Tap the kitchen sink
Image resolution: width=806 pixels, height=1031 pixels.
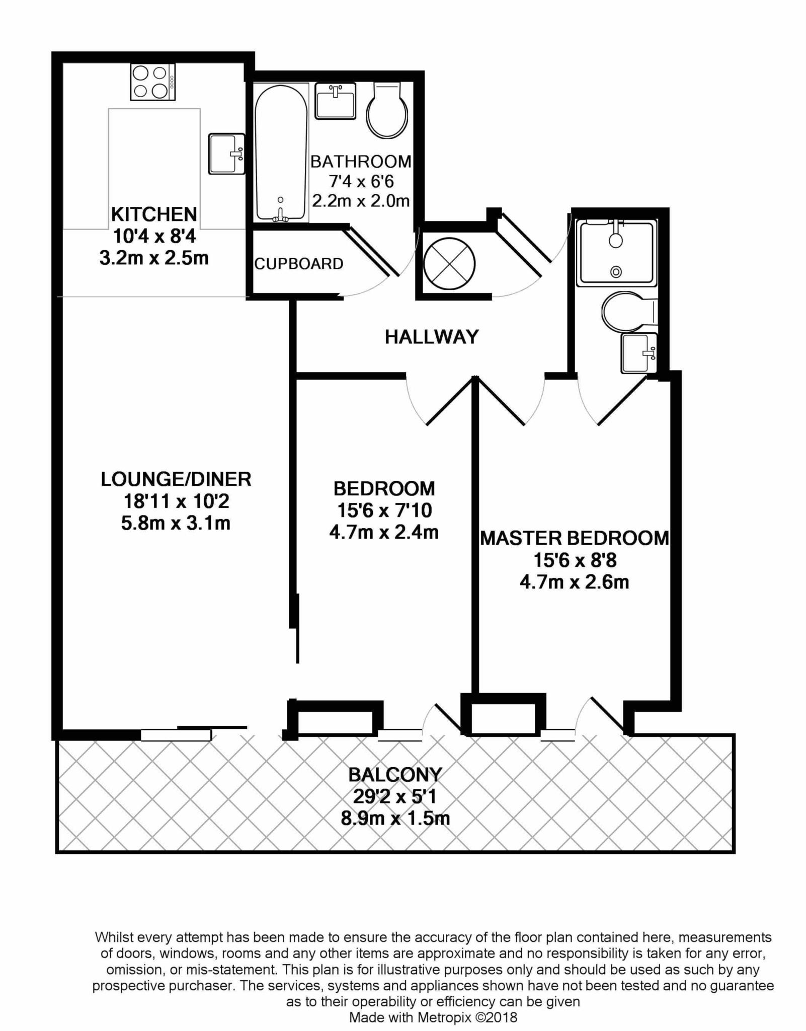227,154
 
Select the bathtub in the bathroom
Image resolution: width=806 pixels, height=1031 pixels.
281,153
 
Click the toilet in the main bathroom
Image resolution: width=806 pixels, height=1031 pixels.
387,110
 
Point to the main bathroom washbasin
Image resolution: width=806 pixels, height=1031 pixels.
336,101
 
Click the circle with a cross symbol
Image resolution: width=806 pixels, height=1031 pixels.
449,263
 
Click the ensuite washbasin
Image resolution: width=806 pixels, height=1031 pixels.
639,353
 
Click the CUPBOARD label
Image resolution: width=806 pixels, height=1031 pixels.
299,264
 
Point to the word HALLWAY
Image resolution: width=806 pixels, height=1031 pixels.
432,337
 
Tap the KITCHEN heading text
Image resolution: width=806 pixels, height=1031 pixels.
154,214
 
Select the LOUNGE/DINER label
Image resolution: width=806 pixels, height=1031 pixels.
176,479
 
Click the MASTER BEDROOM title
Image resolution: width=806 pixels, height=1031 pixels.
575,538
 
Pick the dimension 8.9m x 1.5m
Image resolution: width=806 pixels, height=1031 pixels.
395,819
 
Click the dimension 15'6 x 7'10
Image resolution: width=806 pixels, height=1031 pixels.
384,511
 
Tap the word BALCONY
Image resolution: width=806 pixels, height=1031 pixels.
395,774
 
